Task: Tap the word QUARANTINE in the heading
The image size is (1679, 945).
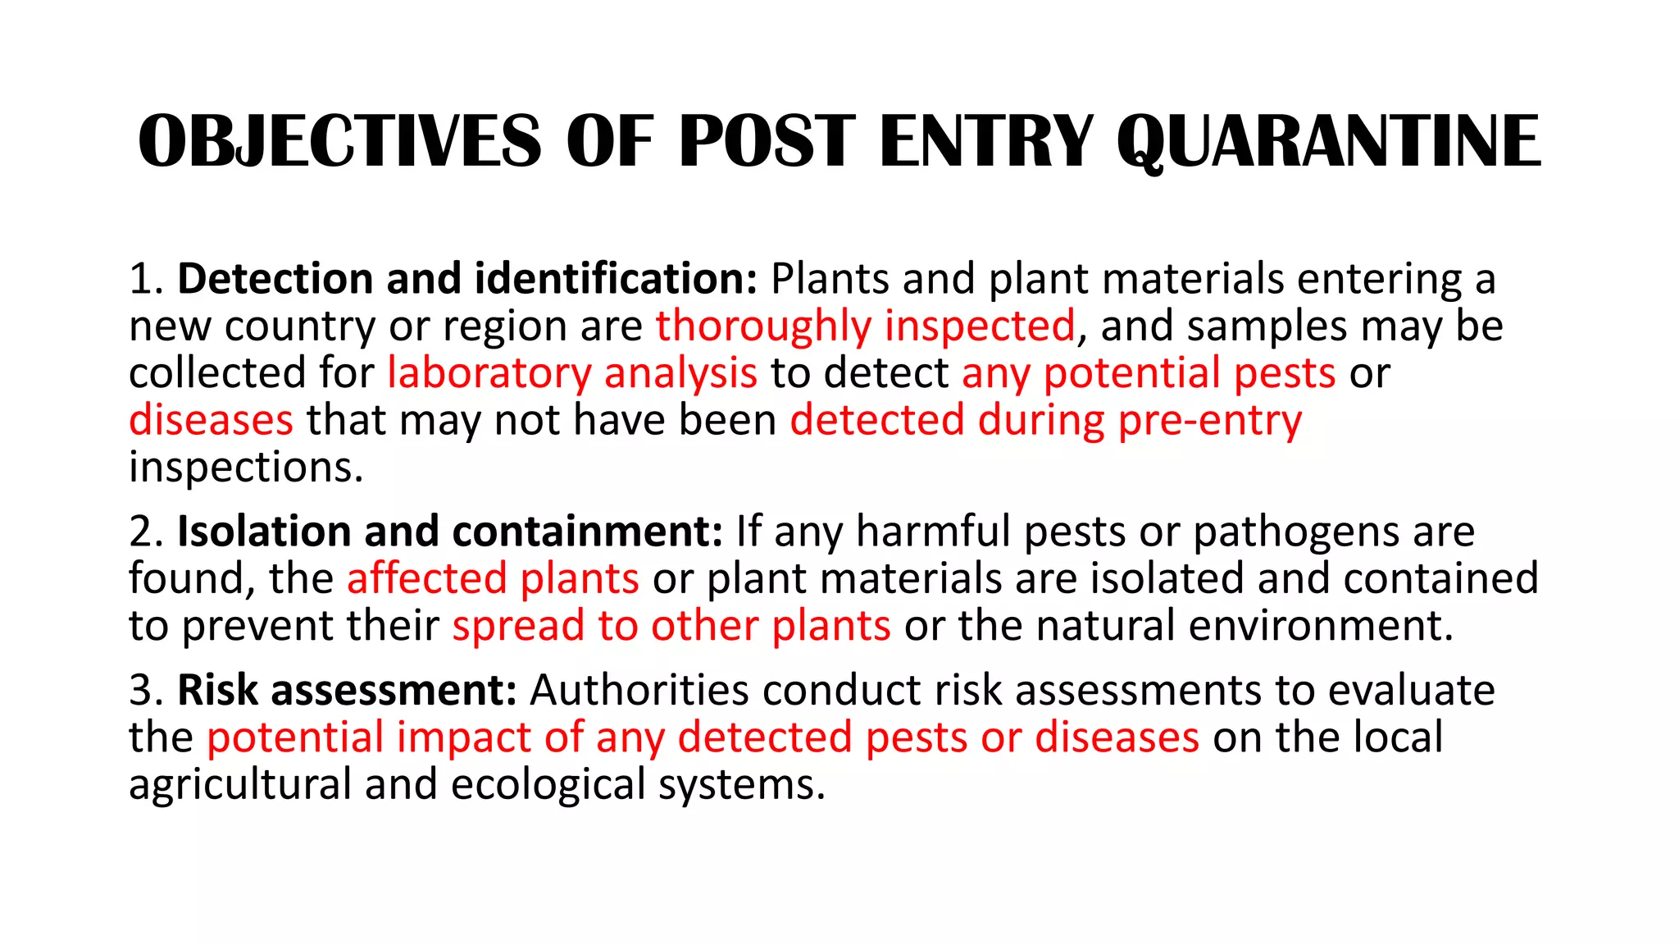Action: (1329, 141)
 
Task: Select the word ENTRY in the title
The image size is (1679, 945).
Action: (987, 141)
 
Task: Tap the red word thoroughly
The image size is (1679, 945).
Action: (763, 326)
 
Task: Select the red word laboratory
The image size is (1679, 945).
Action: (489, 373)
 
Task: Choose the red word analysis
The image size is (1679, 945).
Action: (680, 373)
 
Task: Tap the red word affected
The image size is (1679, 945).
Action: (426, 579)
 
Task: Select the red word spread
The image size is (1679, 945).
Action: (518, 626)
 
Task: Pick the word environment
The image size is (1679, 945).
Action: (1321, 626)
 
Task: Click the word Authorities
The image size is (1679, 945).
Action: (639, 690)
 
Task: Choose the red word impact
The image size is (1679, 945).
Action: (463, 737)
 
